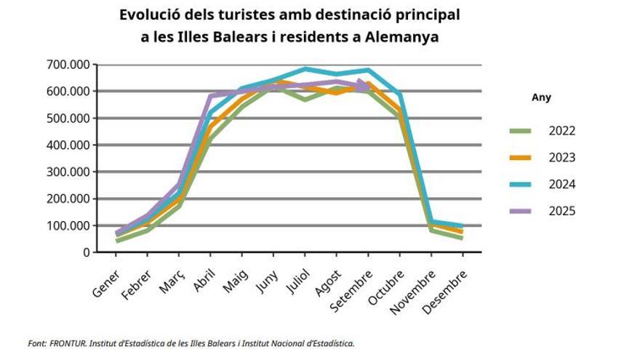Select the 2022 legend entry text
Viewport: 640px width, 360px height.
562,131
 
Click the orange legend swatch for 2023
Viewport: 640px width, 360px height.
521,158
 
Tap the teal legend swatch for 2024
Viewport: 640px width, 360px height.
521,185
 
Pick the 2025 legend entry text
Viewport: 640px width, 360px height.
562,212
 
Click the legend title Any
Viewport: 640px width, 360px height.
541,97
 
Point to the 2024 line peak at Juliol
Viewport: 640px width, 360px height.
305,69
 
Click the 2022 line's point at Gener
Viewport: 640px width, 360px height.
117,241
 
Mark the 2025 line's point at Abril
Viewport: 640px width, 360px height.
211,96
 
